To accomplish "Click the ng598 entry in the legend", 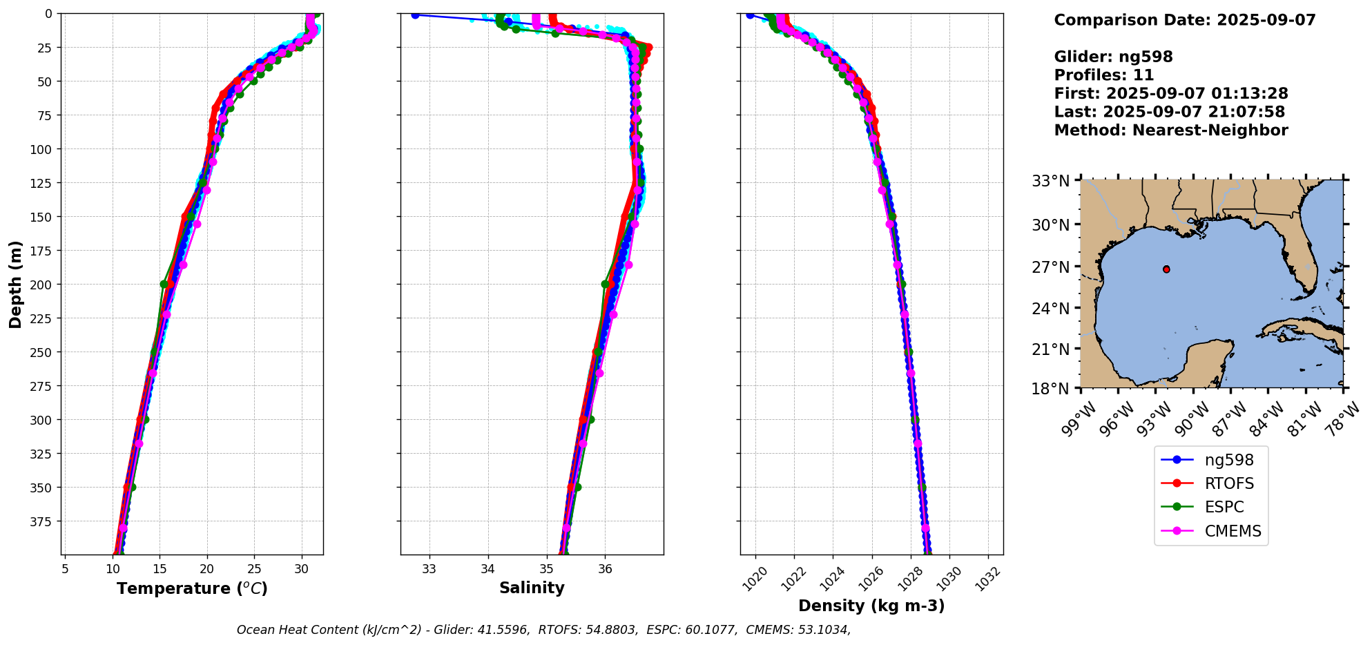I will click(x=1228, y=460).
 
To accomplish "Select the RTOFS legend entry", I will click(x=1229, y=483).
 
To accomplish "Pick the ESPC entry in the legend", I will click(x=1224, y=507).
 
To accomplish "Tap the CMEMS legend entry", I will click(x=1233, y=531).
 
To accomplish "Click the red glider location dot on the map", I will click(x=1166, y=269).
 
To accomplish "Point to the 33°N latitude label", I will click(x=1050, y=181).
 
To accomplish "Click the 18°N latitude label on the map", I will click(x=1050, y=388).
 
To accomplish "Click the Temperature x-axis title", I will click(x=192, y=588).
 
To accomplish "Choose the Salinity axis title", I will click(x=532, y=588).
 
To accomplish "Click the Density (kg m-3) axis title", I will click(x=871, y=606).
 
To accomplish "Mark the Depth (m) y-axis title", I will click(x=15, y=284).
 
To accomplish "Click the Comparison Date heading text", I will click(x=1185, y=20).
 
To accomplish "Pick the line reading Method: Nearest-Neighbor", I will click(x=1171, y=131).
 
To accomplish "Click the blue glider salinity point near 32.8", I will click(x=415, y=15).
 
